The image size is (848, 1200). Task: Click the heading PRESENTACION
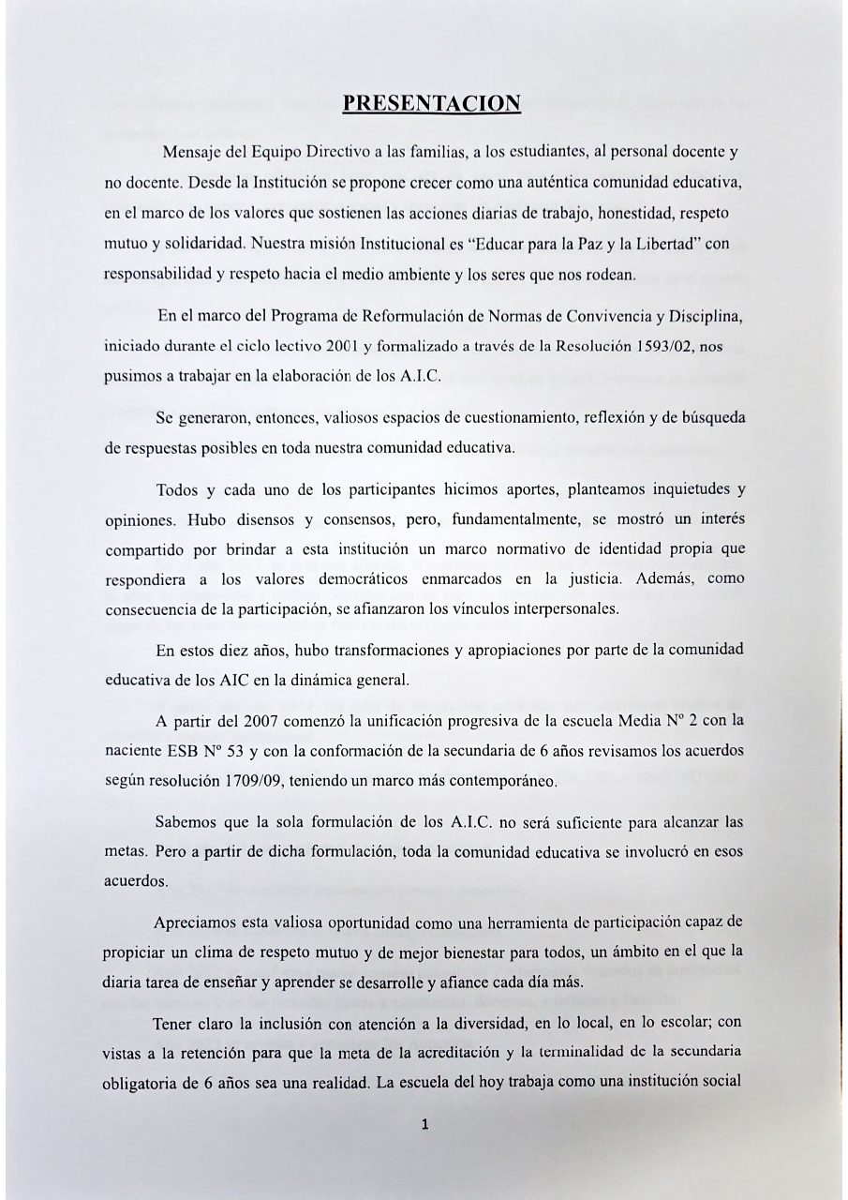pyautogui.click(x=431, y=102)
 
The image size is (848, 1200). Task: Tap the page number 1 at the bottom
pyautogui.click(x=424, y=1126)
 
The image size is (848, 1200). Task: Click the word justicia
pyautogui.click(x=594, y=578)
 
